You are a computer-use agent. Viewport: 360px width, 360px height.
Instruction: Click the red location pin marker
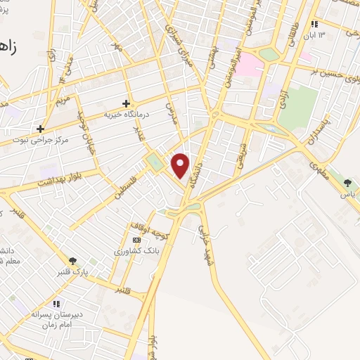[x=181, y=165]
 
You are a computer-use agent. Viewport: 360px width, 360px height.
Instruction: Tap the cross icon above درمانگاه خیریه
[x=126, y=103]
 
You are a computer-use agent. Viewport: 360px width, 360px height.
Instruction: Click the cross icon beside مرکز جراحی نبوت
[x=41, y=129]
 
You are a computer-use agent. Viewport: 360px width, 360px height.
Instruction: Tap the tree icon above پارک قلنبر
[x=72, y=261]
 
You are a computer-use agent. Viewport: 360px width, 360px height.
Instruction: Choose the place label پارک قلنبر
[x=72, y=272]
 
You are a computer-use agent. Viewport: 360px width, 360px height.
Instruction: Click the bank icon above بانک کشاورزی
[x=136, y=240]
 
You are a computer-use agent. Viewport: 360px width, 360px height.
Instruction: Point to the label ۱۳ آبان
[x=319, y=35]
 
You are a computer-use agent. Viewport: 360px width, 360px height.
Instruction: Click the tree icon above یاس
[x=347, y=183]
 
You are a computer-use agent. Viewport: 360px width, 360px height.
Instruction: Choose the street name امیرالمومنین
[x=237, y=62]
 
